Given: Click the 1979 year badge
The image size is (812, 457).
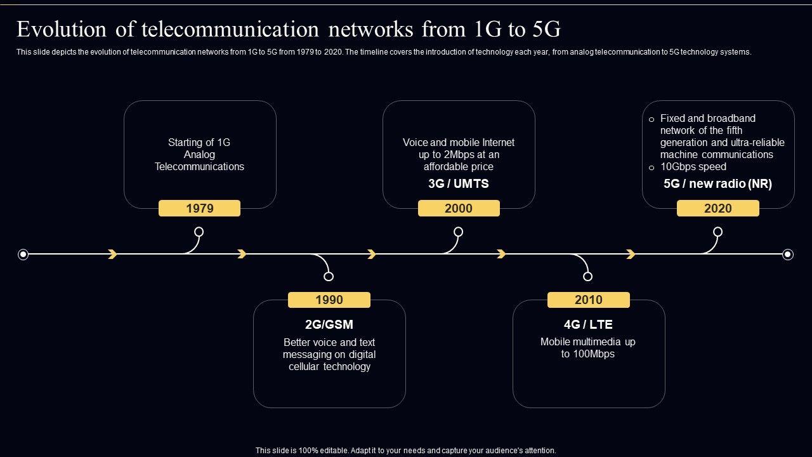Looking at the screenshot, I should (199, 208).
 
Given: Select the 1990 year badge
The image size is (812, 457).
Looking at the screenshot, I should (329, 300).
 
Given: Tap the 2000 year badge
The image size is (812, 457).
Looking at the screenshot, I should (459, 208).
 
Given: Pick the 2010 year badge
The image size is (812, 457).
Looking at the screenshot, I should (588, 300).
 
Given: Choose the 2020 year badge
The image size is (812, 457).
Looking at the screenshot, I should (717, 208).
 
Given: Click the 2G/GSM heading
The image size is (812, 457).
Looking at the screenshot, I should (329, 324).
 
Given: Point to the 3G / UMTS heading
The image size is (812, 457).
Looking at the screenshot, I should (459, 184).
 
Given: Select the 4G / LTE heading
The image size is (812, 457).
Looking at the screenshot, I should (588, 324).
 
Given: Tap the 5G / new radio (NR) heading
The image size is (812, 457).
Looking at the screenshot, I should (717, 184).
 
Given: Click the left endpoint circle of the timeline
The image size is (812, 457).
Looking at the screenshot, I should (23, 255).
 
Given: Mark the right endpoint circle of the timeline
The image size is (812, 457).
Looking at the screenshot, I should (788, 255).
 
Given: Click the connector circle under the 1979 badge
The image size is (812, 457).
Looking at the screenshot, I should (199, 232).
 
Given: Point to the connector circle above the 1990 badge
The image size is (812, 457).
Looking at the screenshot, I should (329, 276).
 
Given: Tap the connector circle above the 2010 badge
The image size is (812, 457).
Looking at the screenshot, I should (587, 276).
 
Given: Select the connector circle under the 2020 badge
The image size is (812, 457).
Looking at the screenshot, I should (717, 232).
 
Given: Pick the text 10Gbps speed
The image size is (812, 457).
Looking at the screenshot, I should (693, 167).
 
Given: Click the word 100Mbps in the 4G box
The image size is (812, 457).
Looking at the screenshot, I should (593, 354).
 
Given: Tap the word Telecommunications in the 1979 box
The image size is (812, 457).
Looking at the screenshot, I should (199, 167).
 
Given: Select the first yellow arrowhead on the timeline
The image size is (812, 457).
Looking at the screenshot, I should (112, 255).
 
